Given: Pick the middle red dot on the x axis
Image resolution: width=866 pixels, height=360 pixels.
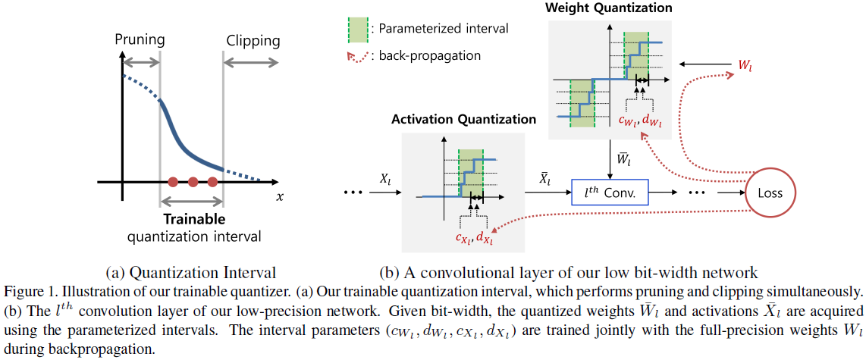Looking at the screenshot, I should [193, 182].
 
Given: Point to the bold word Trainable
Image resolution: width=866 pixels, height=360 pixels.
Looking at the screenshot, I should [194, 219].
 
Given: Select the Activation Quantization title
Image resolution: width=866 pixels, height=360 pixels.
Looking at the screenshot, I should [463, 120].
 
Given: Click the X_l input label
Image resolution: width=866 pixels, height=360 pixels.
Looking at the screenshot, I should [384, 181].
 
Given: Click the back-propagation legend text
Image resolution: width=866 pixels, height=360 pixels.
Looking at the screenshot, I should [429, 55].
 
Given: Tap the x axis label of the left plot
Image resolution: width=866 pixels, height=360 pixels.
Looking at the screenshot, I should [280, 197].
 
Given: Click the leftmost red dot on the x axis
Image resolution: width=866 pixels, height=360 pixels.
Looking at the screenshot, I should [173, 182].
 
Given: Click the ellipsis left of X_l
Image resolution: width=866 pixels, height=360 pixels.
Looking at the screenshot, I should [354, 194].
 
